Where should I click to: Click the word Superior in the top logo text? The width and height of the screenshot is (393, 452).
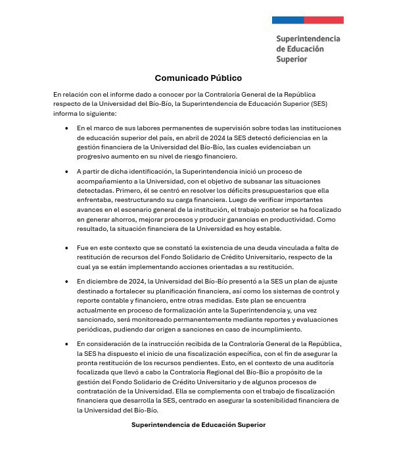[292, 59]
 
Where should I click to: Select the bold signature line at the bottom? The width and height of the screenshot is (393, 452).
[198, 425]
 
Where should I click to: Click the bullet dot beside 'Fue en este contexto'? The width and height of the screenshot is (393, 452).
[66, 247]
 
